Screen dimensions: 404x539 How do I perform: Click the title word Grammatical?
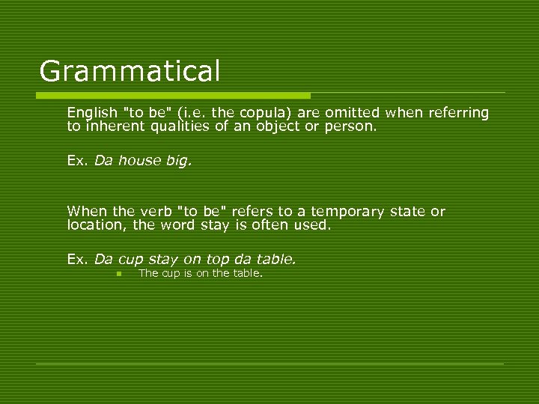[130, 72]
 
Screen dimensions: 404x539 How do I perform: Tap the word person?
[351, 126]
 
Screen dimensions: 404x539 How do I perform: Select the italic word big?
[179, 160]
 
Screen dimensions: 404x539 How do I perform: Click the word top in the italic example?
[218, 260]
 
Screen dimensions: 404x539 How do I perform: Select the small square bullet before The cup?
[118, 274]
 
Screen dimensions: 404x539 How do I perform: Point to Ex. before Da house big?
[77, 160]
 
